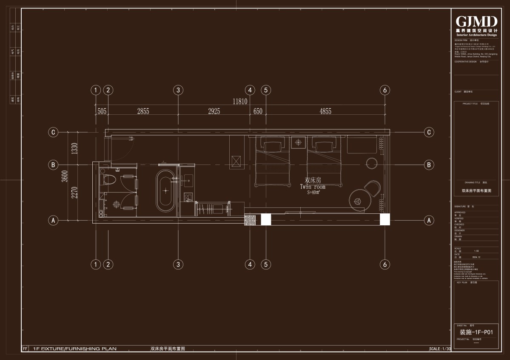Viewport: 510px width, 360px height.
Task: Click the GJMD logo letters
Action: tap(476, 21)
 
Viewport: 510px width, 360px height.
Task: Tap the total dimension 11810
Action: tap(240, 102)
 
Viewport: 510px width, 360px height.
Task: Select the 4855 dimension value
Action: tap(325, 111)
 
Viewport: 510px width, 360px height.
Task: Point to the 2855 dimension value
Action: tap(143, 111)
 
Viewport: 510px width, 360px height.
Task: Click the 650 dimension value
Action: tap(258, 111)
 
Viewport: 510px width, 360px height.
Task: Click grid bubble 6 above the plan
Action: tap(385, 90)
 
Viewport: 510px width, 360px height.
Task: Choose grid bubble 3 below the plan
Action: tap(178, 264)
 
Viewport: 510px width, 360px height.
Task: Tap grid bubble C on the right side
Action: tap(429, 132)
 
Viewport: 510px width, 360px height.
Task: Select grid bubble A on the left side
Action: tap(53, 220)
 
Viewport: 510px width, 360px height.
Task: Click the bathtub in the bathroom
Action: tap(165, 191)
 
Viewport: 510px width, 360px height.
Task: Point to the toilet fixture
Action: tap(109, 179)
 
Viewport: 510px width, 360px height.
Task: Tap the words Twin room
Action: tap(313, 187)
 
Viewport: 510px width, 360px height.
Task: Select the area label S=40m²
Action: tap(313, 192)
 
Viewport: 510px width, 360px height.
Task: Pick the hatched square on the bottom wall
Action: tap(249, 220)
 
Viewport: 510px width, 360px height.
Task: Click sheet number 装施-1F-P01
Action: tap(476, 332)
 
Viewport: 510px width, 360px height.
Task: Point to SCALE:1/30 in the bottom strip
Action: tap(440, 349)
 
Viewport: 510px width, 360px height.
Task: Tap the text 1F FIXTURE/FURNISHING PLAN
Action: tap(74, 349)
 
